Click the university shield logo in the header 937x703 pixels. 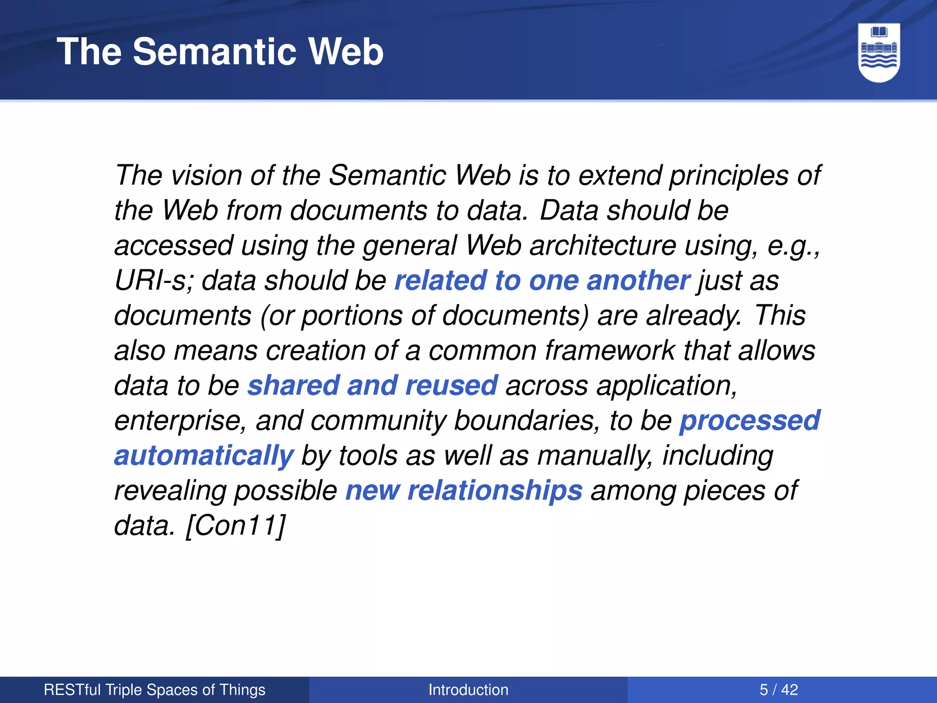[x=879, y=52]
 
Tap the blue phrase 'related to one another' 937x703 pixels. [x=542, y=280]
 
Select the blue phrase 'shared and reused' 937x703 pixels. [x=372, y=385]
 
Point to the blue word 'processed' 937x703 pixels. [x=750, y=421]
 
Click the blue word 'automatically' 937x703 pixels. [x=204, y=456]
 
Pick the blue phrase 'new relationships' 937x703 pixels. [x=464, y=491]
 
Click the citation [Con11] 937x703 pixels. [x=236, y=525]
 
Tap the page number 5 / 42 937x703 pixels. [x=779, y=689]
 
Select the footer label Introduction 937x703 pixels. [x=468, y=689]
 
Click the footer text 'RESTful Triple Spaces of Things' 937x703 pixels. [x=155, y=689]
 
